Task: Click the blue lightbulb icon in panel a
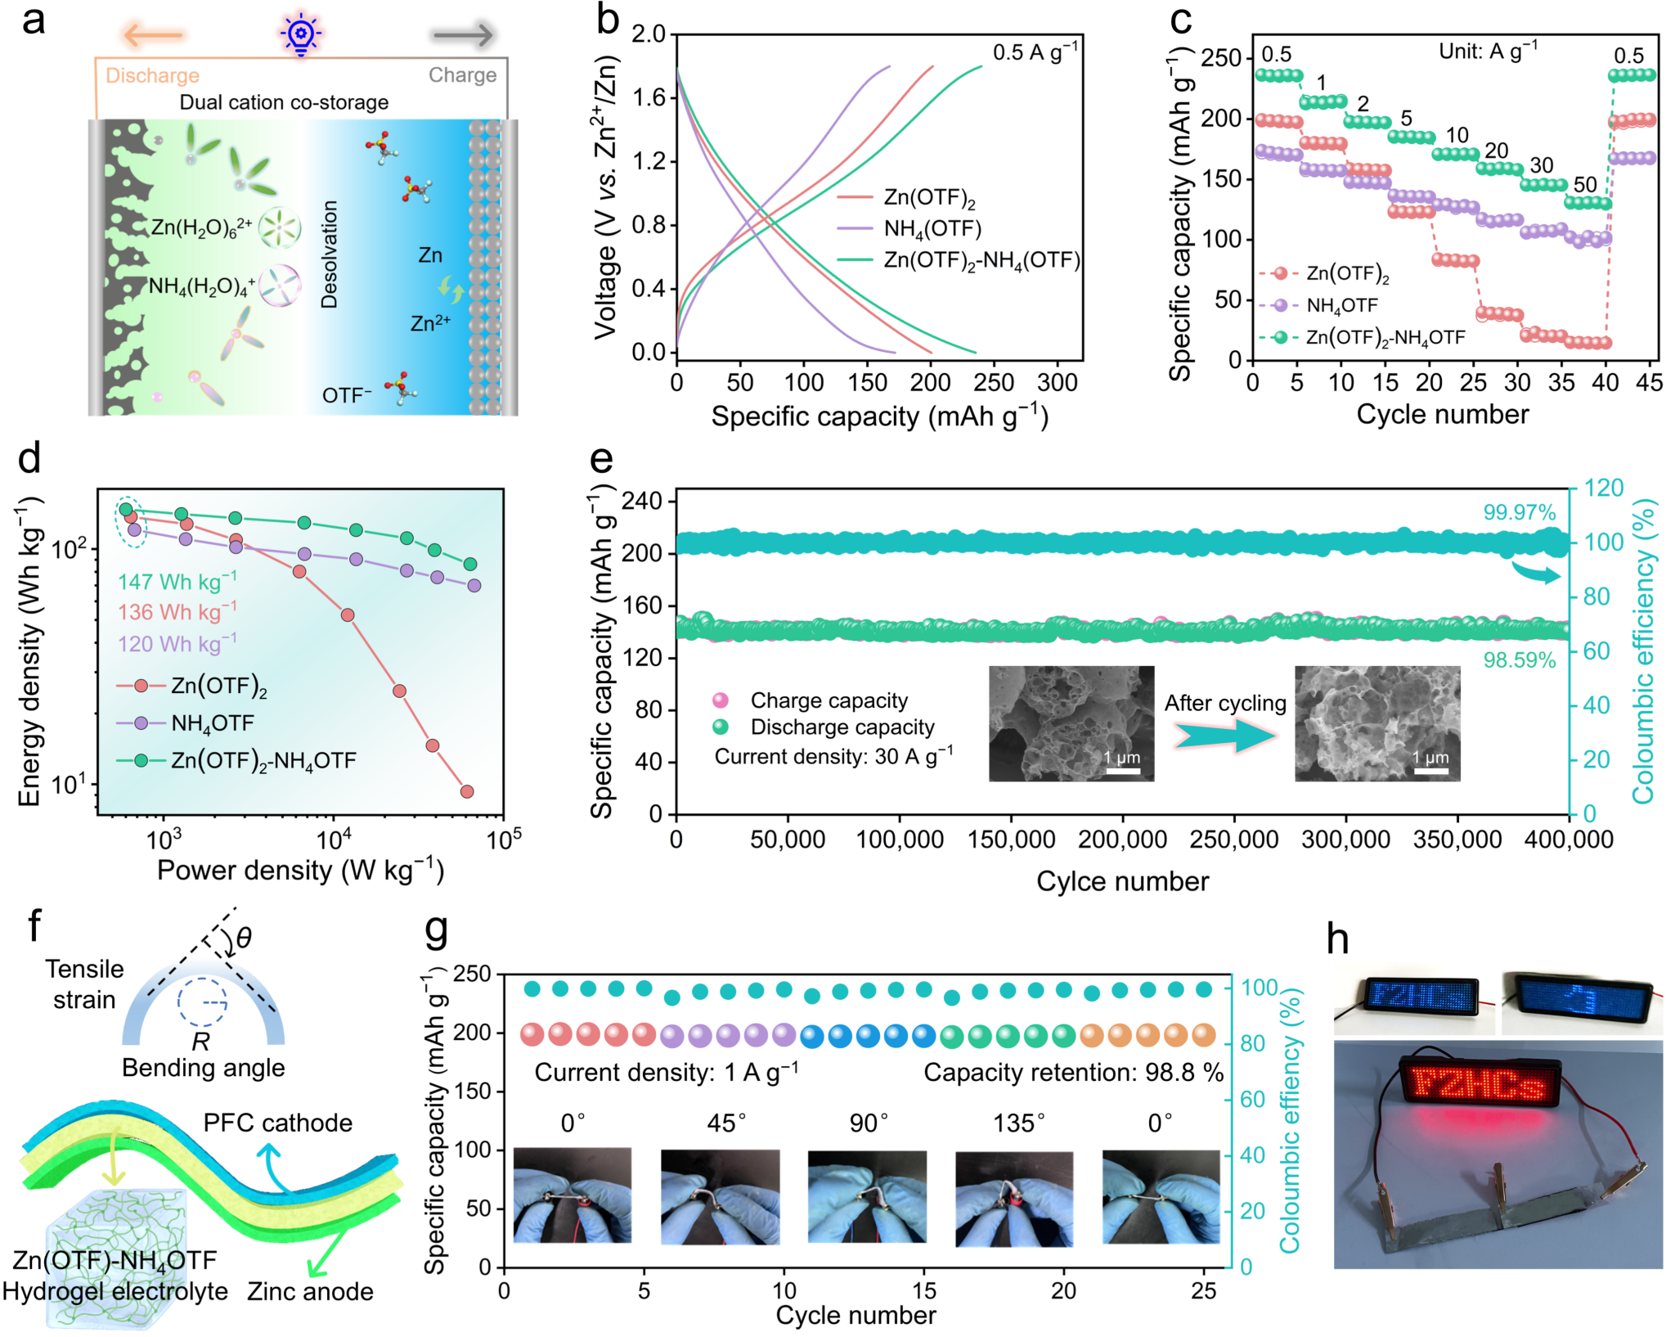(x=301, y=34)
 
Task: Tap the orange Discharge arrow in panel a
(x=154, y=35)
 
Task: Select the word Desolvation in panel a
(x=330, y=254)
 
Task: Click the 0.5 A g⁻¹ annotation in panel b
(x=1035, y=52)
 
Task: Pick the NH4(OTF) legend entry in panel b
(x=932, y=229)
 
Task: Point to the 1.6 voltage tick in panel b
(x=649, y=98)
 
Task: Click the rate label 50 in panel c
(x=1585, y=184)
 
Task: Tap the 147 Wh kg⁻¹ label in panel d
(x=177, y=582)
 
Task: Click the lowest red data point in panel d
(x=467, y=791)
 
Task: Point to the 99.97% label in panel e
(x=1520, y=512)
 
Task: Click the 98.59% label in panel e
(x=1520, y=660)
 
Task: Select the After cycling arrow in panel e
(x=1224, y=736)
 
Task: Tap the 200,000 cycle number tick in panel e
(x=1122, y=840)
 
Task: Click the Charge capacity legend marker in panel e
(x=721, y=700)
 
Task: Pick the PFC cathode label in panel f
(x=278, y=1123)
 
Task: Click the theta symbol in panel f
(x=243, y=938)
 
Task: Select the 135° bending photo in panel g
(x=1014, y=1197)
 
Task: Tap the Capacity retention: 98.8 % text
(x=1073, y=1073)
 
